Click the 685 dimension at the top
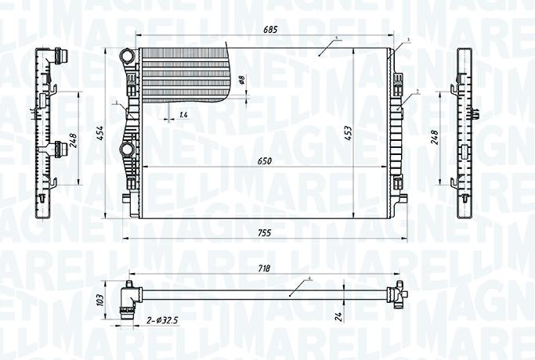[x=271, y=30]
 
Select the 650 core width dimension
[x=265, y=161]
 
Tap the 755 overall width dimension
[x=265, y=232]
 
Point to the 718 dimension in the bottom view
[x=264, y=268]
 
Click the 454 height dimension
[x=99, y=133]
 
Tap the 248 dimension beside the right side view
[x=434, y=139]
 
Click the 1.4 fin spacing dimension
[x=183, y=115]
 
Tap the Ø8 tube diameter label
[x=242, y=79]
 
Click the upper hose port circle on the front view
[x=126, y=56]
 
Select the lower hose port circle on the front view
[x=126, y=149]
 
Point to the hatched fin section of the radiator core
[x=184, y=74]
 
